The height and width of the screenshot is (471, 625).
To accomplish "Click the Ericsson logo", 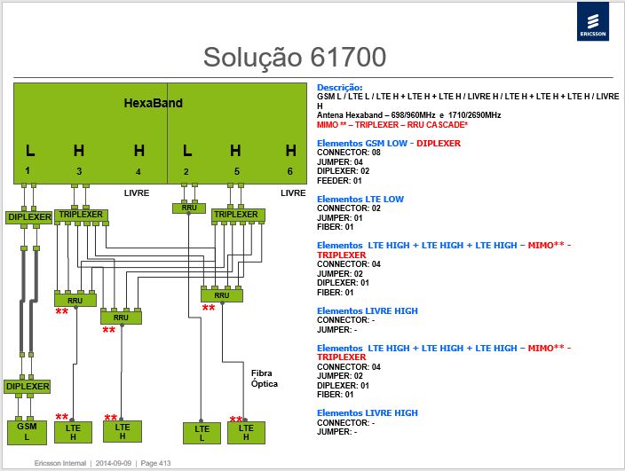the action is point(593,21).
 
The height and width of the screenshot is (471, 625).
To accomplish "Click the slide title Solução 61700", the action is point(295,58).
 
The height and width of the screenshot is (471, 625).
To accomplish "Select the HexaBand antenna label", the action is point(153,103).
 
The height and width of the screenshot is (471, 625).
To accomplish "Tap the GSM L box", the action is point(28,432).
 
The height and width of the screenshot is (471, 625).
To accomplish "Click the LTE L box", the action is point(202,433).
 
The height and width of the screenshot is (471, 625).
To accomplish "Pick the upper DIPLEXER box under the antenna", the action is point(29,217).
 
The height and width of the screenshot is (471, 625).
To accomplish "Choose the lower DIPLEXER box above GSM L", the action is point(28,387).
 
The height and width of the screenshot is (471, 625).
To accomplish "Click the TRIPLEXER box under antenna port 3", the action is point(81,215).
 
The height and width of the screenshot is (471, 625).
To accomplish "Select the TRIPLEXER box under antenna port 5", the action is point(238,215).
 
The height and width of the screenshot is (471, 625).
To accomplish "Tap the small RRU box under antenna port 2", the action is point(189,208).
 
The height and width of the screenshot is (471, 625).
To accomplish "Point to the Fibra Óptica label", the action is point(265,378).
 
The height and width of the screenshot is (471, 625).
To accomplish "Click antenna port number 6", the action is point(289,171).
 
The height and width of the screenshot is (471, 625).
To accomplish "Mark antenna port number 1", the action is point(28,171).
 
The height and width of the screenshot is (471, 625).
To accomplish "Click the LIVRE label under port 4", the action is point(137,193).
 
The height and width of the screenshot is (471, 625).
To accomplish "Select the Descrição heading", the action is point(340,87).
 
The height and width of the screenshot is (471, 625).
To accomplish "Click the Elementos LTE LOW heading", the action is point(360,199).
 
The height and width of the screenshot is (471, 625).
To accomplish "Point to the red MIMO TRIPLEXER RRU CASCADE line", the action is point(392,125).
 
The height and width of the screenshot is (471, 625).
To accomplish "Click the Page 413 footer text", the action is point(155,463).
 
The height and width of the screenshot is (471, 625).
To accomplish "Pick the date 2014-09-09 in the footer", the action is point(114,463).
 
